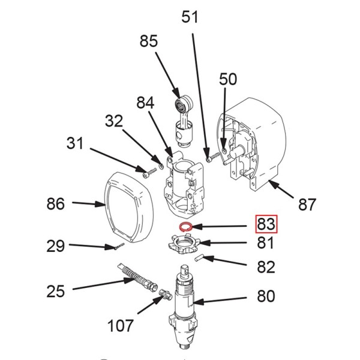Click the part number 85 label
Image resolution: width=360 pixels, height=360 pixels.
(148, 41)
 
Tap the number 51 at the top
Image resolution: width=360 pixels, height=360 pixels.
(190, 17)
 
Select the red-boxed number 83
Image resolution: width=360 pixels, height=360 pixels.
(266, 225)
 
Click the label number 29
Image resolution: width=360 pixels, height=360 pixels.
(56, 245)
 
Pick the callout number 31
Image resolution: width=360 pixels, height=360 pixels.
(76, 144)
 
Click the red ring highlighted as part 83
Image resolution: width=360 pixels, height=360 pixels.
(186, 227)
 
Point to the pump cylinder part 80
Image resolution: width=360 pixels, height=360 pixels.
(185, 306)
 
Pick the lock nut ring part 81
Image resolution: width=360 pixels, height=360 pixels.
(185, 246)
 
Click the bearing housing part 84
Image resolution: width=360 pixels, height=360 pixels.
(183, 183)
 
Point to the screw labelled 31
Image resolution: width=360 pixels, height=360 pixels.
(146, 175)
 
